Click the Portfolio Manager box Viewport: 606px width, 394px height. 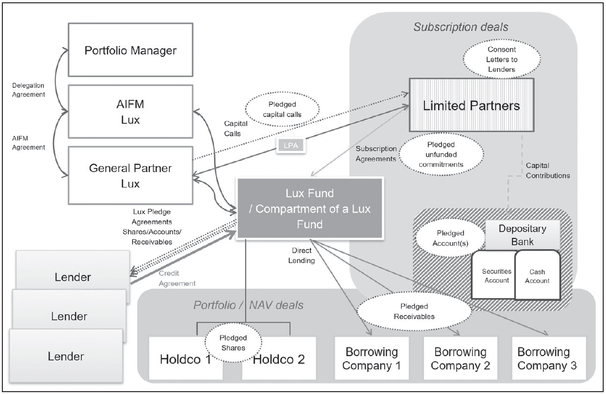pyautogui.click(x=130, y=50)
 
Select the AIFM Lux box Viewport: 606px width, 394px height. pyautogui.click(x=130, y=111)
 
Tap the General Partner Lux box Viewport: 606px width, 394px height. pyautogui.click(x=130, y=175)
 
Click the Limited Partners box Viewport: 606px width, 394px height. pyautogui.click(x=471, y=105)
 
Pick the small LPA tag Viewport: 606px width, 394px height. pyautogui.click(x=291, y=145)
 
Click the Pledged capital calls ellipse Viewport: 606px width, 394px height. pyautogui.click(x=282, y=109)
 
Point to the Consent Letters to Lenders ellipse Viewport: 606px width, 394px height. pyautogui.click(x=502, y=59)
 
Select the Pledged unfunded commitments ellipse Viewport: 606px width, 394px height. pyautogui.click(x=441, y=154)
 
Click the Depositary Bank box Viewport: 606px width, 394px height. pyautogui.click(x=522, y=235)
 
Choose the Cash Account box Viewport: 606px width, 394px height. pyautogui.click(x=537, y=275)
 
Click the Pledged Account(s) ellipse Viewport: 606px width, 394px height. pyautogui.click(x=450, y=238)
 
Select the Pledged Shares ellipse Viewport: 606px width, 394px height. pyautogui.click(x=233, y=343)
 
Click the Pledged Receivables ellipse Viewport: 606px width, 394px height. pyautogui.click(x=414, y=311)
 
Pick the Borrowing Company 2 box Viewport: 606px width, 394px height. pyautogui.click(x=461, y=358)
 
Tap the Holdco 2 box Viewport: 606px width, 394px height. pyautogui.click(x=279, y=358)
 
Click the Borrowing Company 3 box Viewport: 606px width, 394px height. pyautogui.click(x=549, y=358)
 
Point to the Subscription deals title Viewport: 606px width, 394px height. pyautogui.click(x=461, y=27)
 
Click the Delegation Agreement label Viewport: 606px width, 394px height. pyautogui.click(x=29, y=90)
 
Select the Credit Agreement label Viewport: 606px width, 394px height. pyautogui.click(x=177, y=278)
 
